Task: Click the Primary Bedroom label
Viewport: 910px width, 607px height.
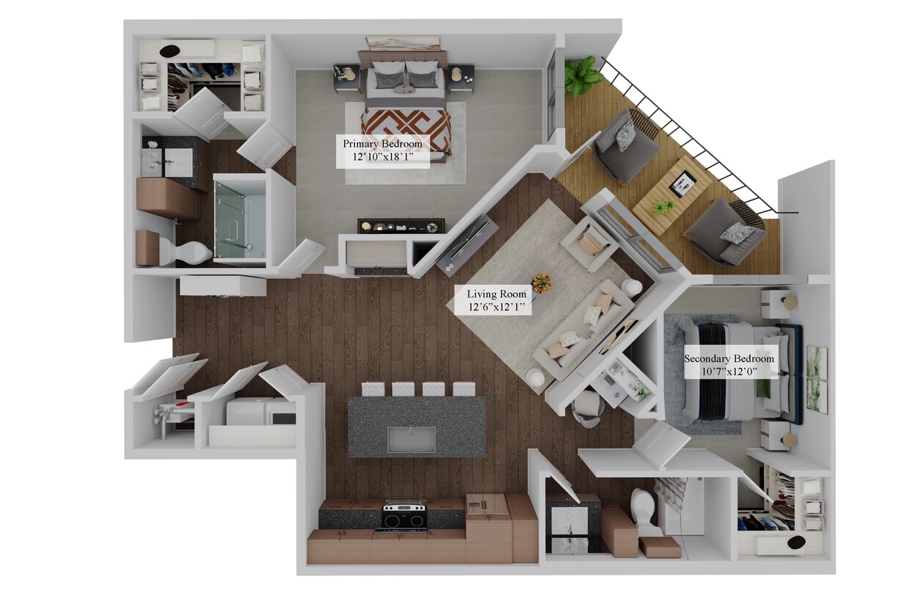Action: click(382, 151)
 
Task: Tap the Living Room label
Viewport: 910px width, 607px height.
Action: click(497, 301)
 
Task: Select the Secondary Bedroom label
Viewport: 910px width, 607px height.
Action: click(729, 365)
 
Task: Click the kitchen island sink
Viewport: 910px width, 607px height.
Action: click(411, 439)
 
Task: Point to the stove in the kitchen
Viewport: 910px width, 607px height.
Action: click(403, 515)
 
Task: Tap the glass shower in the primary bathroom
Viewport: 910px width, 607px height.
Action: click(239, 219)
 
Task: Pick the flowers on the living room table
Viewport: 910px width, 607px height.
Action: click(542, 282)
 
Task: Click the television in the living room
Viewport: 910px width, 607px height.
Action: click(467, 241)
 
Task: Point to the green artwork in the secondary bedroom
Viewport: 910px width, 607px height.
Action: click(816, 379)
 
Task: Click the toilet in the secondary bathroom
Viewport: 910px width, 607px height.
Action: click(646, 511)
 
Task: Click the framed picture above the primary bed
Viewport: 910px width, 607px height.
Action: click(402, 43)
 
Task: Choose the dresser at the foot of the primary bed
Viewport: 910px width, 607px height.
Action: click(401, 226)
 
